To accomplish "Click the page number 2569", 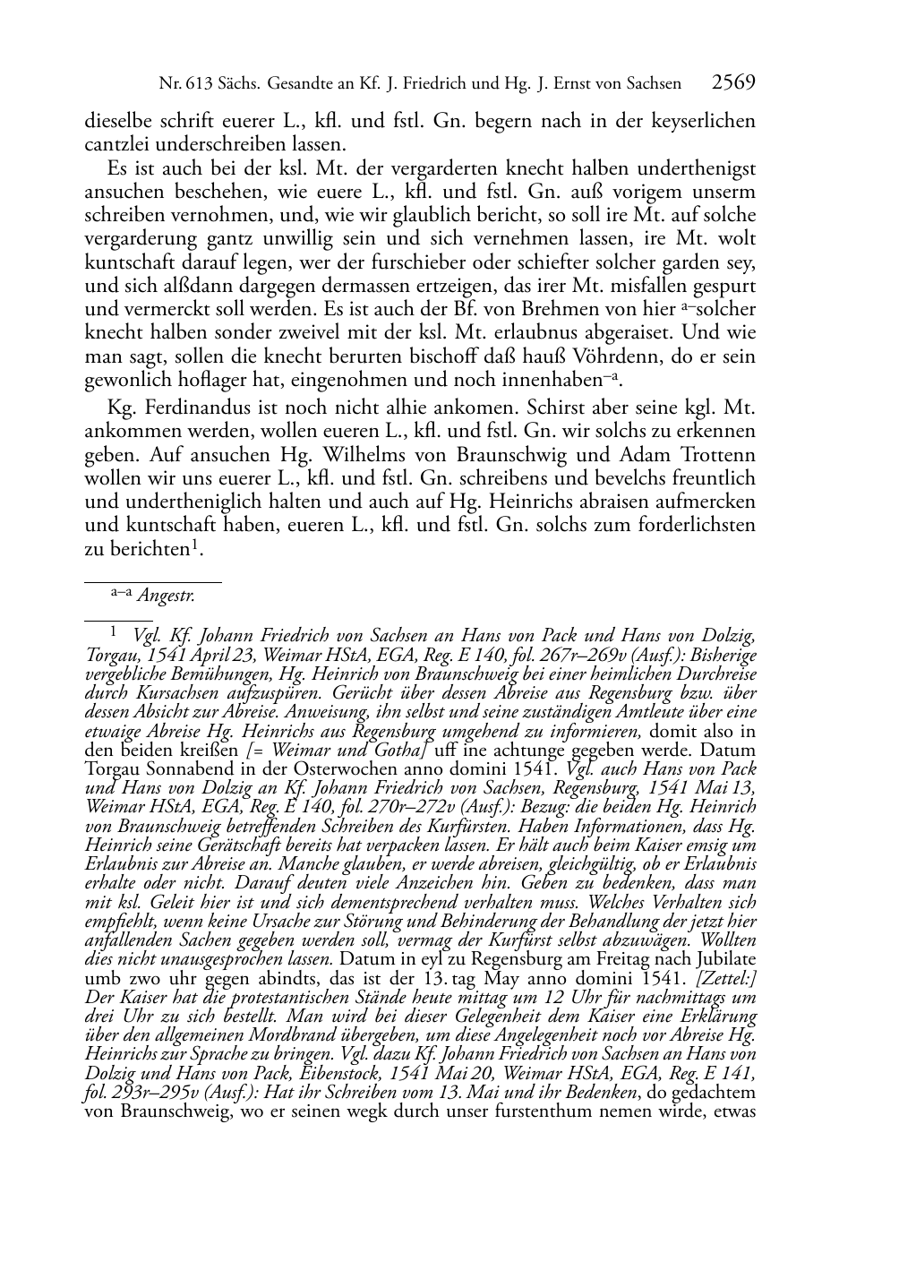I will point(733,83).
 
